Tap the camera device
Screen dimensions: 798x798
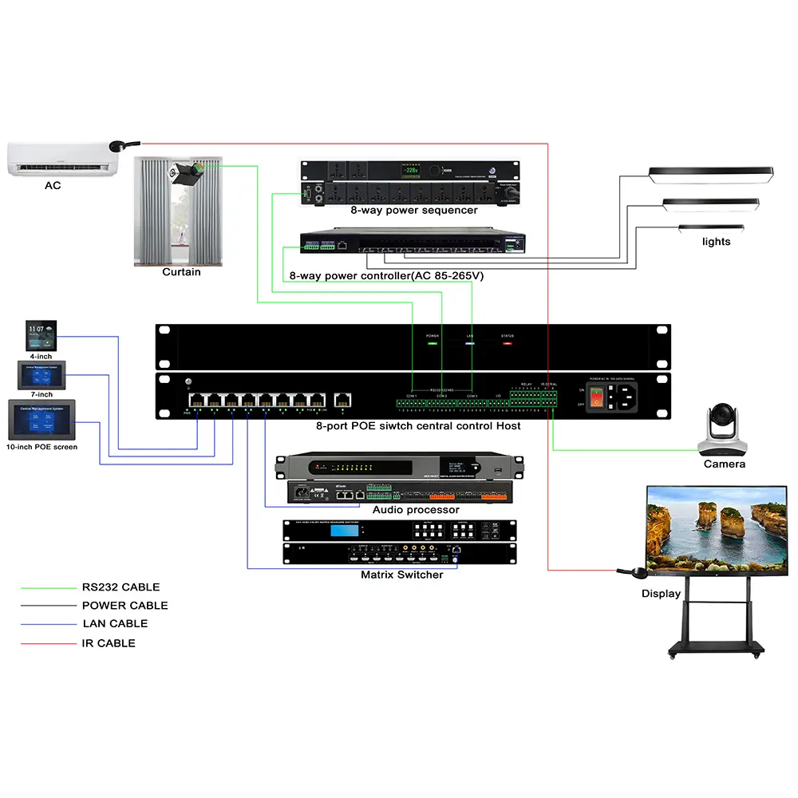[724, 430]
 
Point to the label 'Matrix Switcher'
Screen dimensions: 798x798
[401, 575]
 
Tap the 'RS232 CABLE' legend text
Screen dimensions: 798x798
[120, 587]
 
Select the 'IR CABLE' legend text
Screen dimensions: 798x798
[109, 643]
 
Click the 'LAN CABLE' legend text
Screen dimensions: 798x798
[115, 624]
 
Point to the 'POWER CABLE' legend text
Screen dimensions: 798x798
[124, 606]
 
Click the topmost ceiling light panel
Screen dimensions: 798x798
[711, 173]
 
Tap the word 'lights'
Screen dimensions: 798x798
[716, 242]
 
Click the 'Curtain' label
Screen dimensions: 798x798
[181, 272]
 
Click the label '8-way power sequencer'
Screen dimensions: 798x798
[413, 211]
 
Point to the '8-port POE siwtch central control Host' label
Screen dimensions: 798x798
[418, 426]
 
